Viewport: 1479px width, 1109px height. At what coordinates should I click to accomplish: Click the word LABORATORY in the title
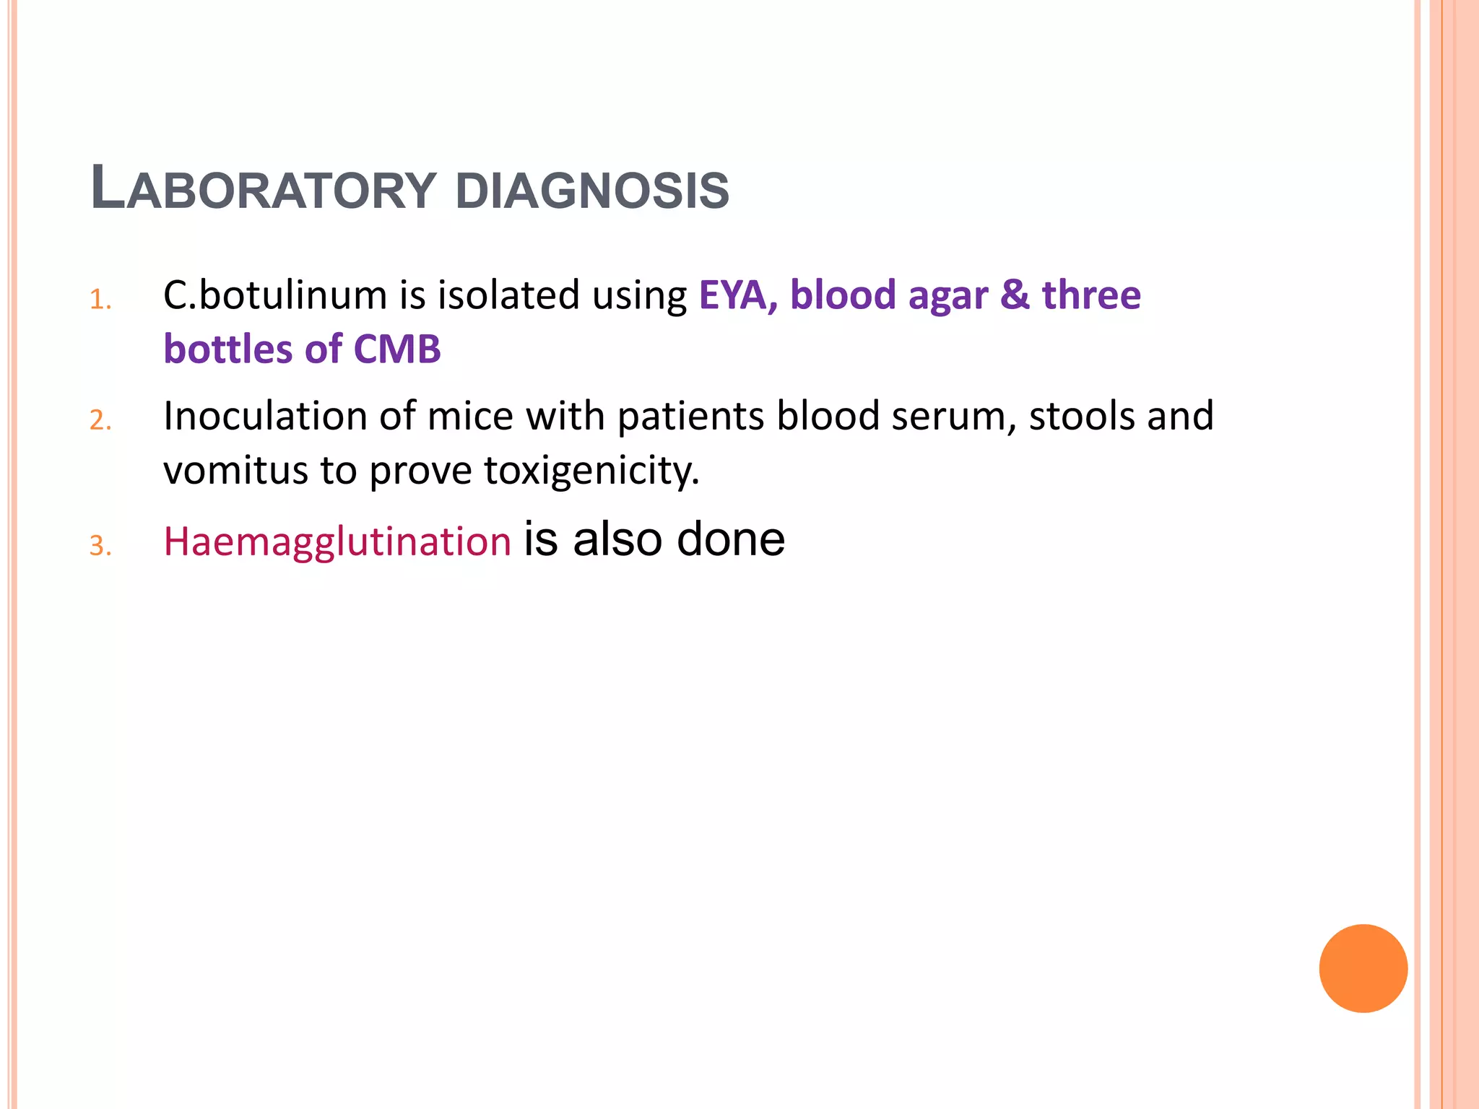[x=264, y=189]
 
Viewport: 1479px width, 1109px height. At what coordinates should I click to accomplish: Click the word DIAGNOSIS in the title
[x=592, y=191]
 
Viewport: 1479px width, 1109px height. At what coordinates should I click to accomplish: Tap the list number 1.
[x=100, y=300]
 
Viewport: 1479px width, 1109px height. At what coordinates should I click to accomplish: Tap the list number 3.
[x=100, y=547]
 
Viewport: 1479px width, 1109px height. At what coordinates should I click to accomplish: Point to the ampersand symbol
[x=1015, y=295]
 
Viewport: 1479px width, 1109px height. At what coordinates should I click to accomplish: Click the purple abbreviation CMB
[x=396, y=349]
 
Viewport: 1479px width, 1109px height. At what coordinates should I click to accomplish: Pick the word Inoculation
[x=265, y=417]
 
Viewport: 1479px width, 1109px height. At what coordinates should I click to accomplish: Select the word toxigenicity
[x=591, y=471]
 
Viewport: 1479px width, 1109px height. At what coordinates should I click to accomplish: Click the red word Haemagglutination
[x=337, y=542]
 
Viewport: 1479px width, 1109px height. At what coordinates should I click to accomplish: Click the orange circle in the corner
[x=1363, y=968]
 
